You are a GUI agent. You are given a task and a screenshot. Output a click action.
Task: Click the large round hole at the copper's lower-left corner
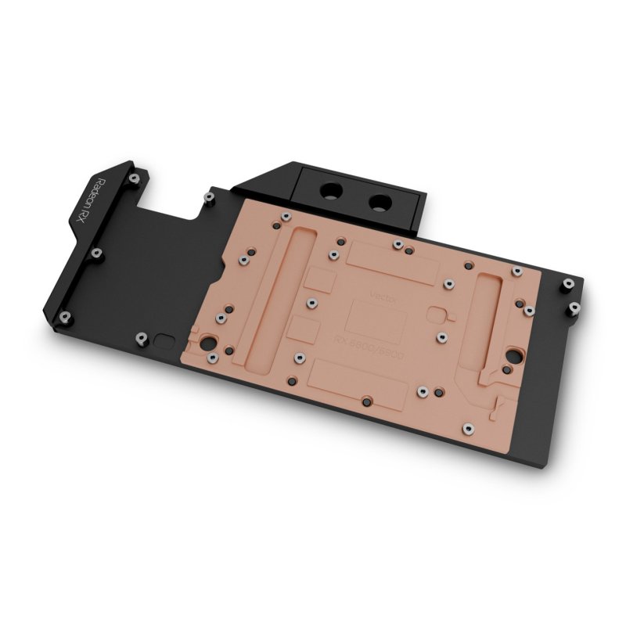209,342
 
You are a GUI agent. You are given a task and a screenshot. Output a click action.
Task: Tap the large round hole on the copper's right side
514,352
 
